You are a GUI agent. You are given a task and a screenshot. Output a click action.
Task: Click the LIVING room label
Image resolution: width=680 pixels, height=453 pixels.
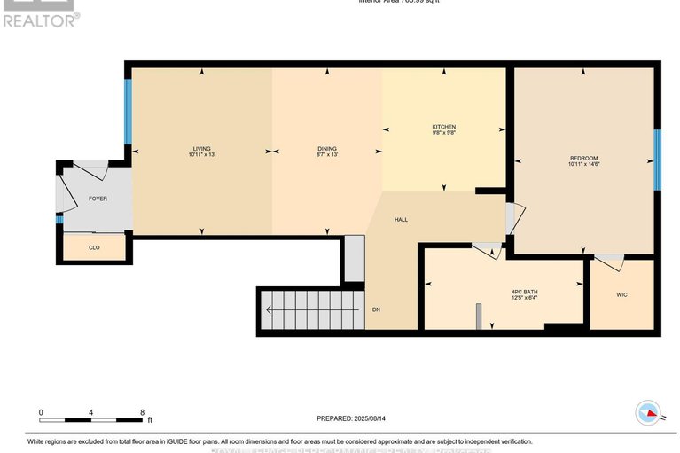pyautogui.click(x=202, y=148)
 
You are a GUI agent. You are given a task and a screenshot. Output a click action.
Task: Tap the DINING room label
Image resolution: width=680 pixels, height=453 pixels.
pyautogui.click(x=327, y=148)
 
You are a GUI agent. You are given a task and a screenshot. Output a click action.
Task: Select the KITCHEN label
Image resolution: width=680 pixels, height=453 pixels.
pyautogui.click(x=443, y=127)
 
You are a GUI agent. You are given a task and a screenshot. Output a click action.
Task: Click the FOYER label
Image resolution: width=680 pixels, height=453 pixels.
pyautogui.click(x=98, y=199)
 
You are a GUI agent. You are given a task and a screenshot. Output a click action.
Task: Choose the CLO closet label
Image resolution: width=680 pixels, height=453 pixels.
pyautogui.click(x=94, y=247)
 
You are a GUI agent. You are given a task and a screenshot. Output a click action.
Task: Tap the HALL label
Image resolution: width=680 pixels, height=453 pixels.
pyautogui.click(x=401, y=219)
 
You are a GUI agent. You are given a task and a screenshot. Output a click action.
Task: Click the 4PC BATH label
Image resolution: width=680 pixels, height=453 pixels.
pyautogui.click(x=524, y=292)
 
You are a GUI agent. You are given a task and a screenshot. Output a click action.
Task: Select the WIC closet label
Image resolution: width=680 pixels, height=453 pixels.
pyautogui.click(x=621, y=294)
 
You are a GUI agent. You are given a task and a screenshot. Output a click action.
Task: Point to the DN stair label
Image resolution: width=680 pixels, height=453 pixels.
pyautogui.click(x=376, y=309)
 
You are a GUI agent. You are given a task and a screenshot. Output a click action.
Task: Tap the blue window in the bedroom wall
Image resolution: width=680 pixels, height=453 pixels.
pyautogui.click(x=657, y=160)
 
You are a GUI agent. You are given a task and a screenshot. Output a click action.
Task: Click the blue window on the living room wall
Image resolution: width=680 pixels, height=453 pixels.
pyautogui.click(x=128, y=112)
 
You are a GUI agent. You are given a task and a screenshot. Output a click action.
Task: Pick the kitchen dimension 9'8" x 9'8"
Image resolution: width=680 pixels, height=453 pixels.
pyautogui.click(x=443, y=134)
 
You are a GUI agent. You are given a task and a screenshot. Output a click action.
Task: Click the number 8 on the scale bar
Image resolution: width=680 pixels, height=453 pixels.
pyautogui.click(x=142, y=412)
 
